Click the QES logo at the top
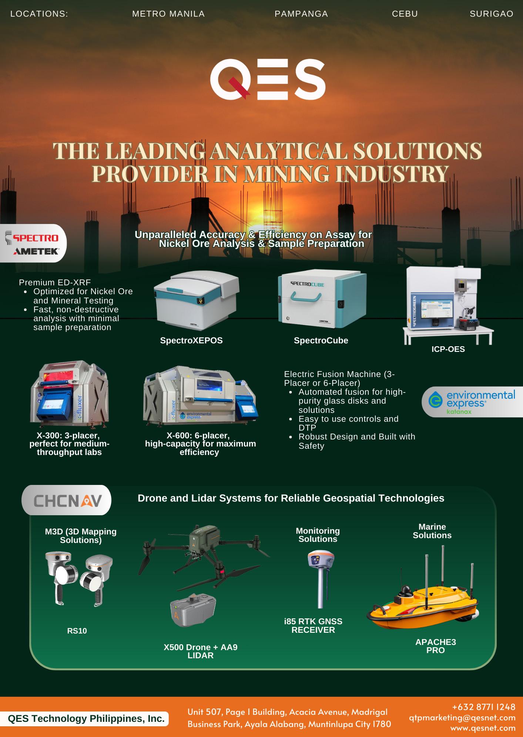pyautogui.click(x=268, y=79)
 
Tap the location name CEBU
pyautogui.click(x=405, y=14)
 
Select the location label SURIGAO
pyautogui.click(x=491, y=14)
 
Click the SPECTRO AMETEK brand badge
pyautogui.click(x=34, y=244)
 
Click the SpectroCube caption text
pyautogui.click(x=321, y=340)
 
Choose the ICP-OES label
pyautogui.click(x=448, y=349)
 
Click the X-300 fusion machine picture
pyautogui.click(x=70, y=393)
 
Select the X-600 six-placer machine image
pyautogui.click(x=200, y=395)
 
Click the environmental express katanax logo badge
pyautogui.click(x=472, y=402)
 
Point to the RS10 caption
pyautogui.click(x=77, y=631)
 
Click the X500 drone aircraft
pyautogui.click(x=204, y=553)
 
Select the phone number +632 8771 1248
pyautogui.click(x=483, y=707)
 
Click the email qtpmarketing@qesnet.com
pyautogui.click(x=462, y=717)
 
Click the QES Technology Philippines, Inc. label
pyautogui.click(x=86, y=719)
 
